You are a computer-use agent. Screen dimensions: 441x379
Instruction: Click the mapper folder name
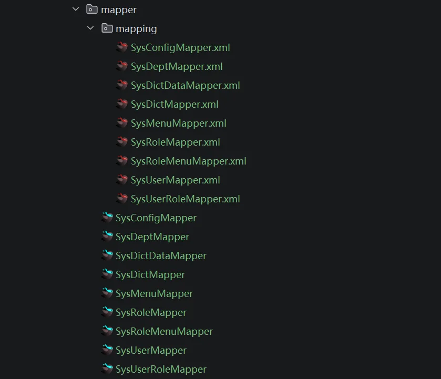[x=119, y=10]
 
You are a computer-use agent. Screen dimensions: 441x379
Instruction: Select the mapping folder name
[x=136, y=29]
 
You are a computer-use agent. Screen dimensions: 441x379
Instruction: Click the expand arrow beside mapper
[x=76, y=9]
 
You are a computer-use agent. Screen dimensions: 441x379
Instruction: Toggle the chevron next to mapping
[x=90, y=28]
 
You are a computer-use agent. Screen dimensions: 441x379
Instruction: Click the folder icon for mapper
[x=91, y=9]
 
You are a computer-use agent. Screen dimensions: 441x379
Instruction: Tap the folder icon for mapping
[x=107, y=28]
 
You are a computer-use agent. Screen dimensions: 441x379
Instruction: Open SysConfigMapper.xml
[x=180, y=48]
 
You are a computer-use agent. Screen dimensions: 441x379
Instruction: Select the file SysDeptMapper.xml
[x=177, y=67]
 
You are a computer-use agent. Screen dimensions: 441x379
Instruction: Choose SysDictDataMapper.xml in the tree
[x=186, y=86]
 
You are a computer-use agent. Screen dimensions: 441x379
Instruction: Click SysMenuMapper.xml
[x=179, y=123]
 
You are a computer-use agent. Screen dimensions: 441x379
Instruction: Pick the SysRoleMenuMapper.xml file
[x=189, y=161]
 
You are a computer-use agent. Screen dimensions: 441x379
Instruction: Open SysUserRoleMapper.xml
[x=186, y=199]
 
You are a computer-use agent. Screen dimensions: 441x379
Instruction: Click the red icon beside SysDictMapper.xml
[x=122, y=104]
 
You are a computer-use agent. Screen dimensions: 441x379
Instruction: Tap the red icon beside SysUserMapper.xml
[x=122, y=179]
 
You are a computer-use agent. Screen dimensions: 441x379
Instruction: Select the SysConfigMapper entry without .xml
[x=156, y=218]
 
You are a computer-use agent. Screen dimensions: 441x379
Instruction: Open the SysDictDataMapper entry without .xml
[x=161, y=256]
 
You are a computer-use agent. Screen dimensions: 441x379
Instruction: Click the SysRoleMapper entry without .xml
[x=151, y=313]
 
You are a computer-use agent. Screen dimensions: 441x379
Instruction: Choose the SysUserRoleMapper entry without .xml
[x=161, y=370]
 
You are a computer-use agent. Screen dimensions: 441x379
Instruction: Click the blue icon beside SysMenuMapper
[x=107, y=293]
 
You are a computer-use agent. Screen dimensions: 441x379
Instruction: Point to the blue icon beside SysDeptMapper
[x=107, y=236]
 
